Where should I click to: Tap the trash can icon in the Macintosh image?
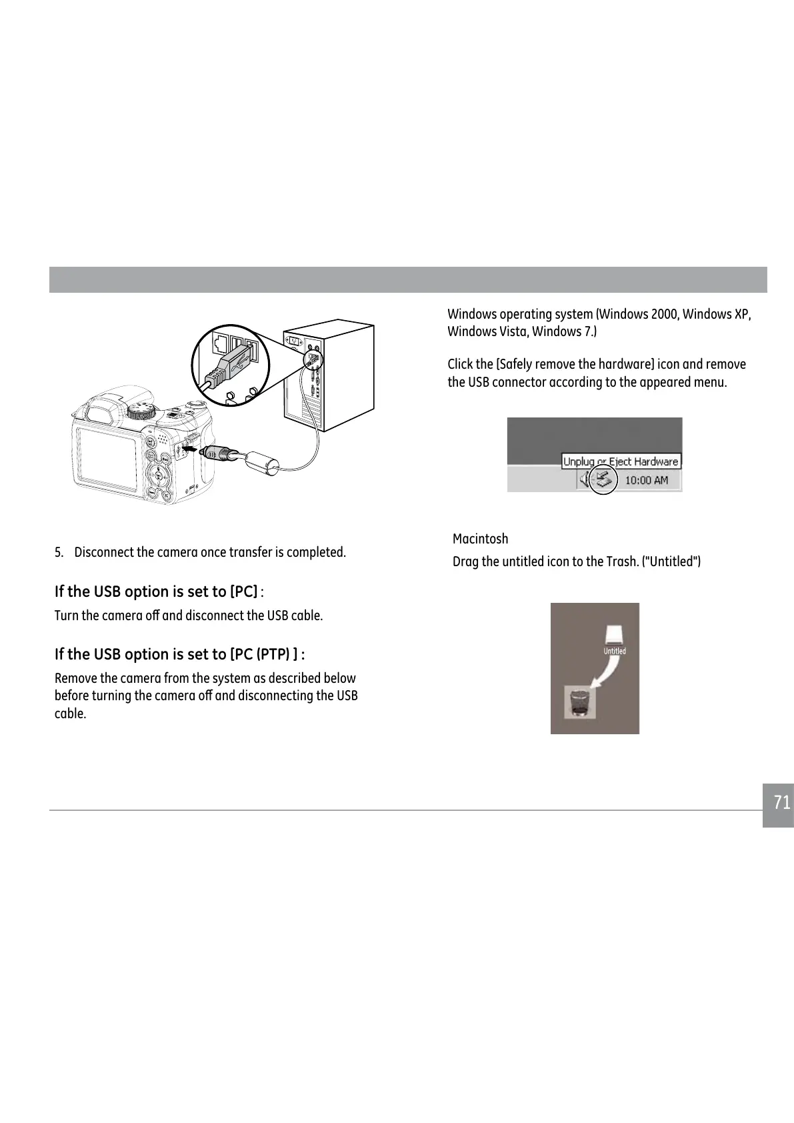click(577, 702)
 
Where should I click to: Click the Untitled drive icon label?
click(614, 651)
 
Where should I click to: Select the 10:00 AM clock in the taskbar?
click(646, 480)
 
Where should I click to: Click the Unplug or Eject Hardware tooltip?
click(620, 461)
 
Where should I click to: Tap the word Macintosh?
click(480, 539)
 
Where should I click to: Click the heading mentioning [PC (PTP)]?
click(179, 654)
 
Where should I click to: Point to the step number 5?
click(59, 553)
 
